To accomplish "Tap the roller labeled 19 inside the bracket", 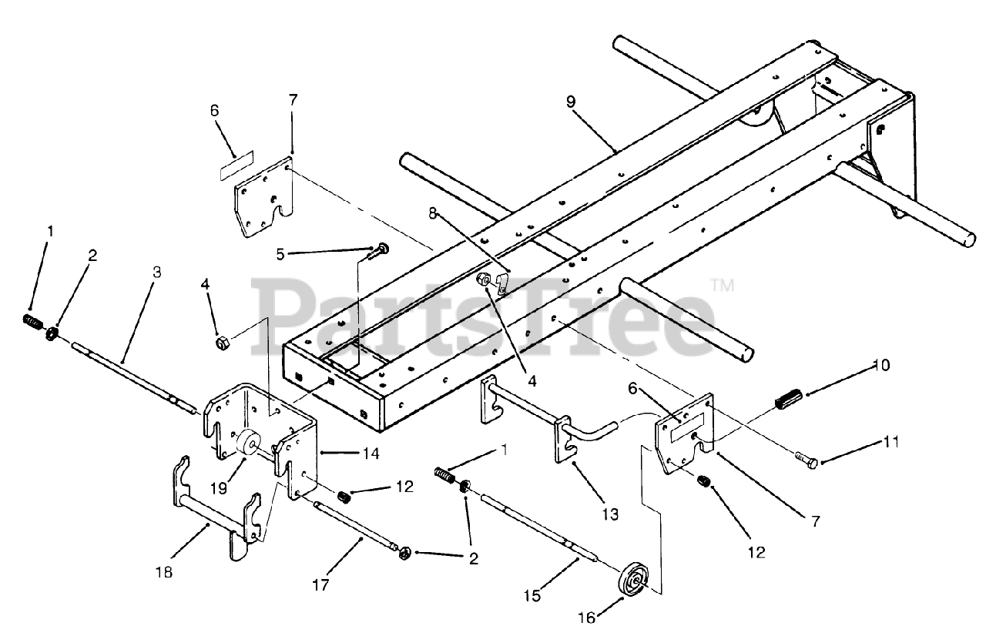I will tap(250, 445).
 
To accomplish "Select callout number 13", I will tap(610, 514).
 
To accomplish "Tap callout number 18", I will tap(164, 572).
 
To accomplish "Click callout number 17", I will tap(321, 585).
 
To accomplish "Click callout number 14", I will tap(371, 454).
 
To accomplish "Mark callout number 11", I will tap(891, 442).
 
